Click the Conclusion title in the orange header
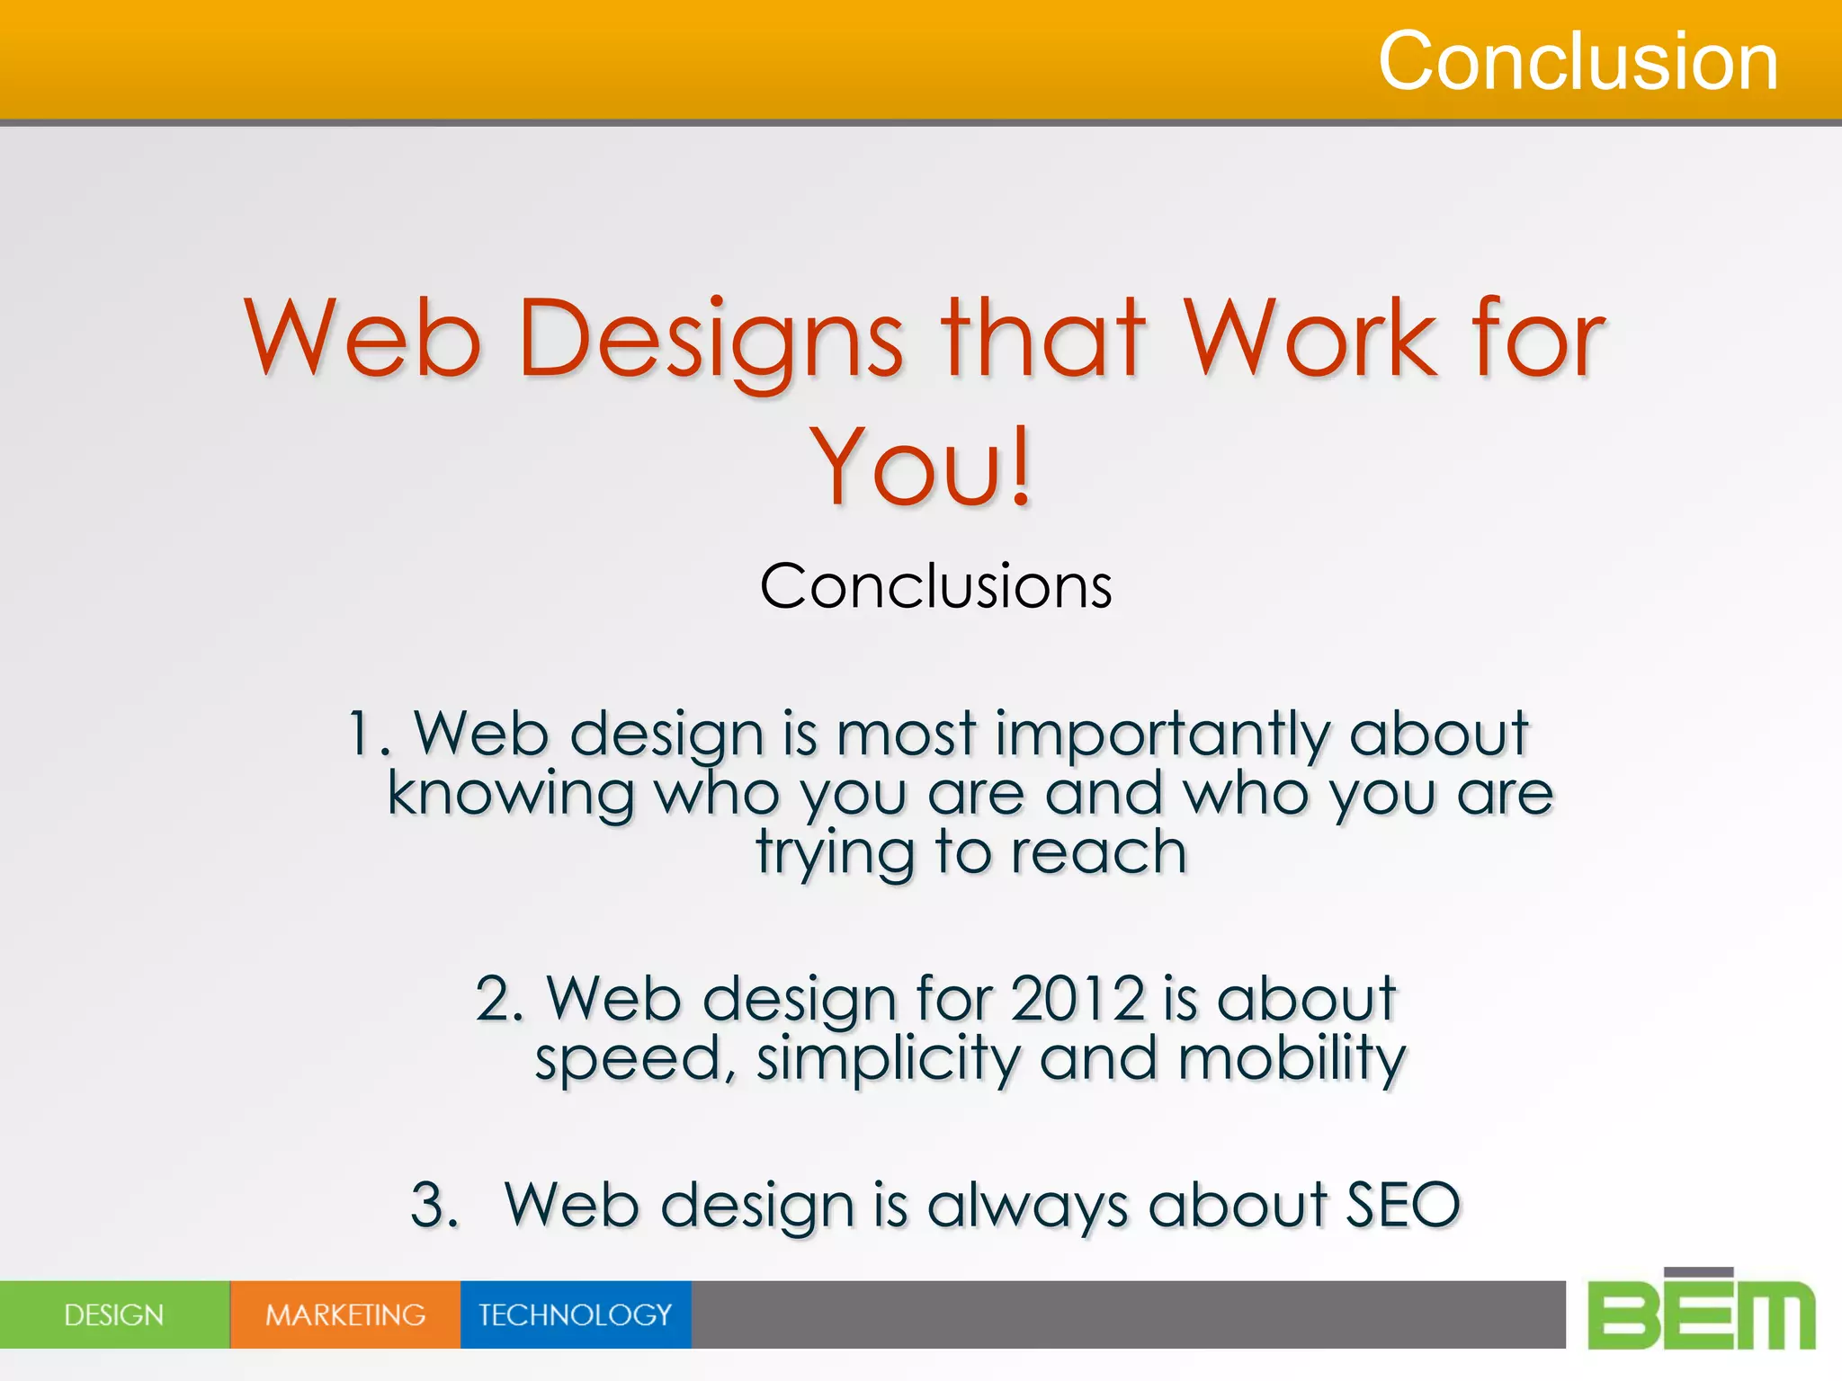pos(1578,61)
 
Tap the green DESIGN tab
pos(114,1314)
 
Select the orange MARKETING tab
pos(345,1314)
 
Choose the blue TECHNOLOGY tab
pos(576,1314)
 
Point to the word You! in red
pos(921,468)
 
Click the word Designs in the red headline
pos(711,340)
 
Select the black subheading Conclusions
pos(935,586)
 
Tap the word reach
pos(1099,852)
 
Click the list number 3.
pos(434,1205)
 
